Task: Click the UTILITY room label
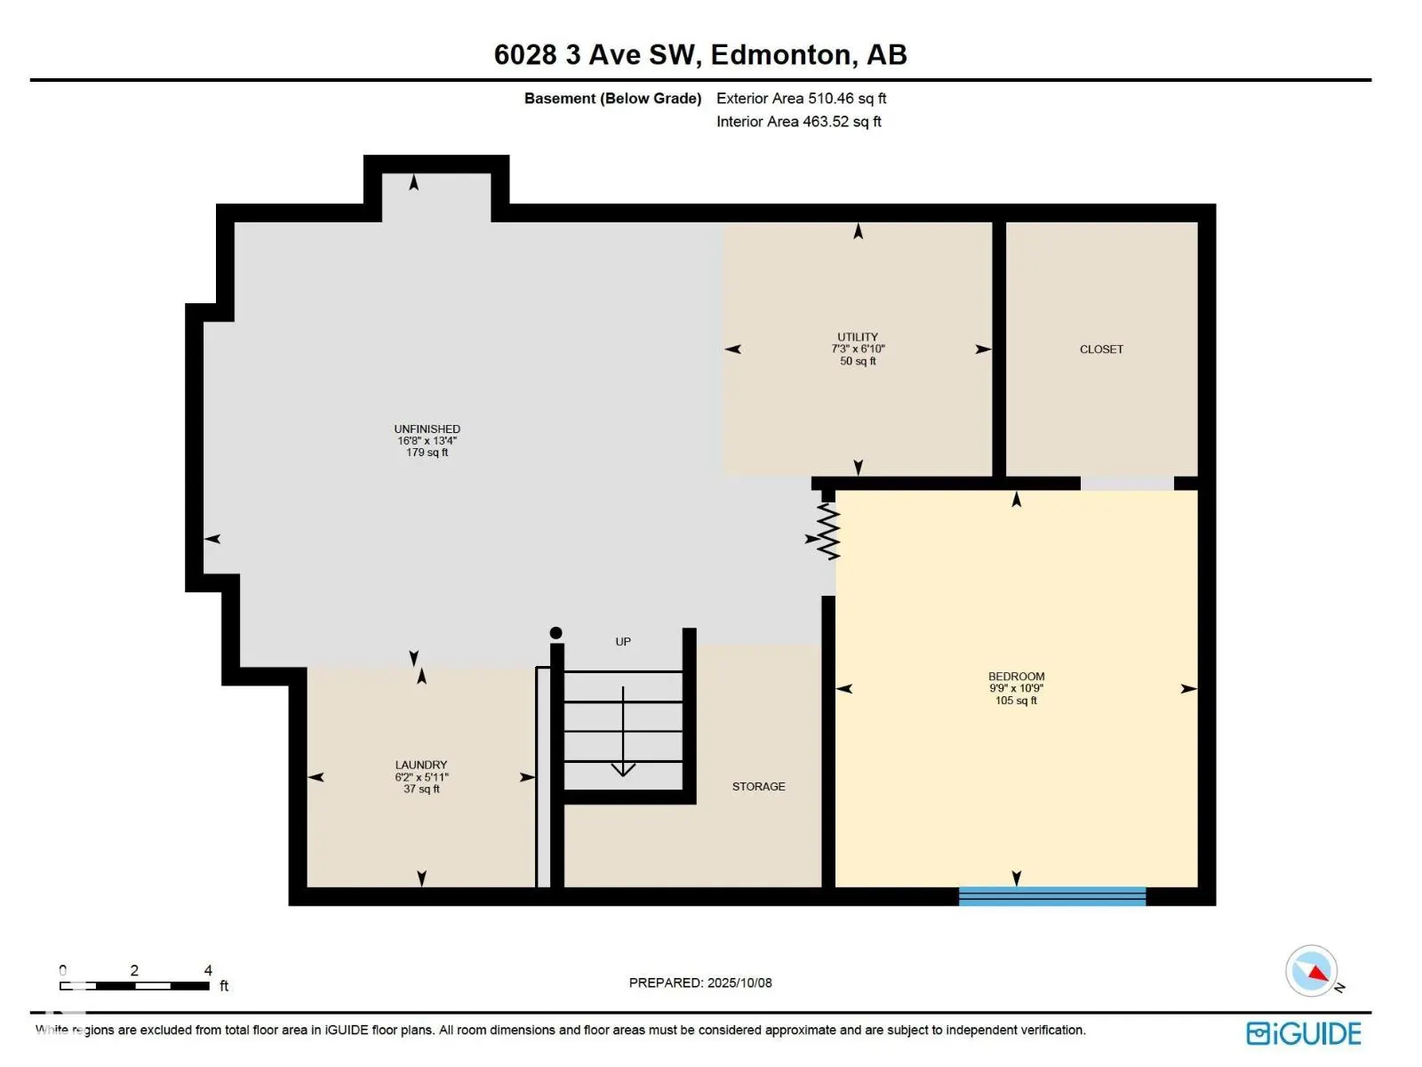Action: coord(857,337)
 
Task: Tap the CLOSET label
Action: coord(1100,349)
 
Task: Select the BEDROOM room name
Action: coord(1016,677)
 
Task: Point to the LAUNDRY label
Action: coord(421,765)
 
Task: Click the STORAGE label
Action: coord(758,787)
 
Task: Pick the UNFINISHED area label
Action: coord(427,429)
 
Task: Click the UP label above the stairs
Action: coord(623,641)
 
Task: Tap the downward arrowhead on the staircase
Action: coord(623,770)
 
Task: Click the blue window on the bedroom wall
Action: coord(1051,896)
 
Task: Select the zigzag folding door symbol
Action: coord(828,531)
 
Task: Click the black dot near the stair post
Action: coord(555,633)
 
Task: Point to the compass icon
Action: coord(1311,971)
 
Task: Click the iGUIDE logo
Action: coord(1303,1033)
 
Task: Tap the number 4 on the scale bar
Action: coord(208,970)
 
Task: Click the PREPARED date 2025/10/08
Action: coord(739,983)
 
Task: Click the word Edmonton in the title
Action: coord(780,55)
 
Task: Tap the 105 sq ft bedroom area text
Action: coord(1016,701)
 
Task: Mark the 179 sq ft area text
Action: coord(427,453)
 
